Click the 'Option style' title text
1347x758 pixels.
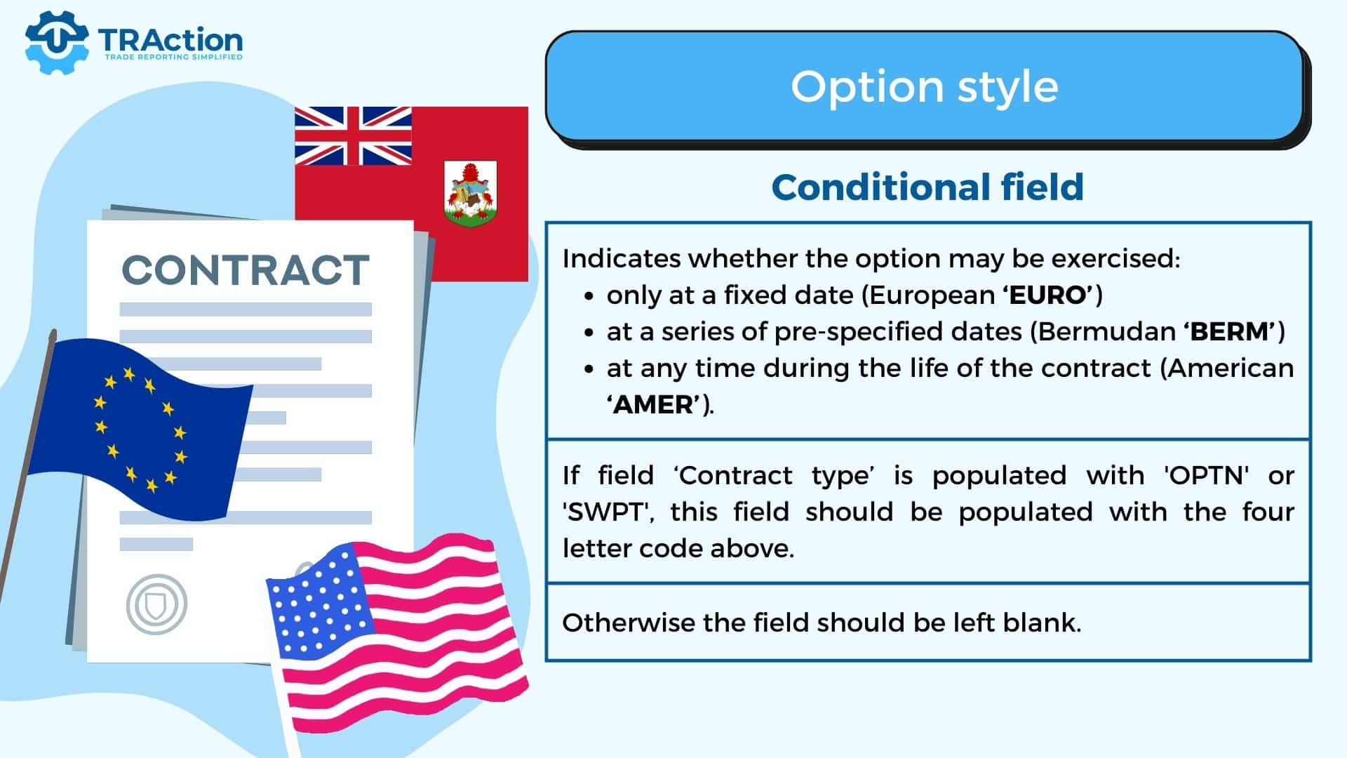(924, 86)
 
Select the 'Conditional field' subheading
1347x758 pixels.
(927, 187)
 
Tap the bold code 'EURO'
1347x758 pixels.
(1050, 295)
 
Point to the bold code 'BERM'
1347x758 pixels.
(1231, 331)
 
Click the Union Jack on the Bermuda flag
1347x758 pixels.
(353, 136)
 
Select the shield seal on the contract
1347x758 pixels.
(156, 604)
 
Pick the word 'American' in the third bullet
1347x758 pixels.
(1228, 368)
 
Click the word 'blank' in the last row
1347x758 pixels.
(1042, 622)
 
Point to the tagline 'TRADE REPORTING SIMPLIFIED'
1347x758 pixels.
(173, 57)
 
